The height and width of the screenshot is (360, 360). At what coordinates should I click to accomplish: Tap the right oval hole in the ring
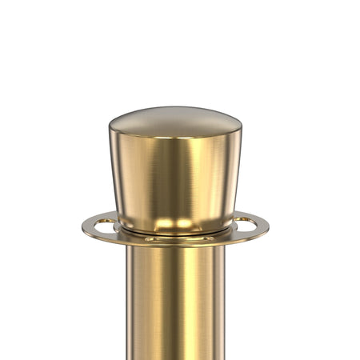pos(245,222)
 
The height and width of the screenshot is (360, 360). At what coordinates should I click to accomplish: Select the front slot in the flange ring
pos(174,238)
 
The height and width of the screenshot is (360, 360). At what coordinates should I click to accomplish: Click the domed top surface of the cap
pos(175,120)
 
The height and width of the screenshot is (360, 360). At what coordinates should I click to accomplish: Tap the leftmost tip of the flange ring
pos(82,226)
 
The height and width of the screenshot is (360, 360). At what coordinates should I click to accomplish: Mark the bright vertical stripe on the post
pos(152,304)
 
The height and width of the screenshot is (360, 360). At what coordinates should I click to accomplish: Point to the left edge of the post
pos(128,304)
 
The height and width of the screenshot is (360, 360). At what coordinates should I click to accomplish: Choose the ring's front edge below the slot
pos(174,243)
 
